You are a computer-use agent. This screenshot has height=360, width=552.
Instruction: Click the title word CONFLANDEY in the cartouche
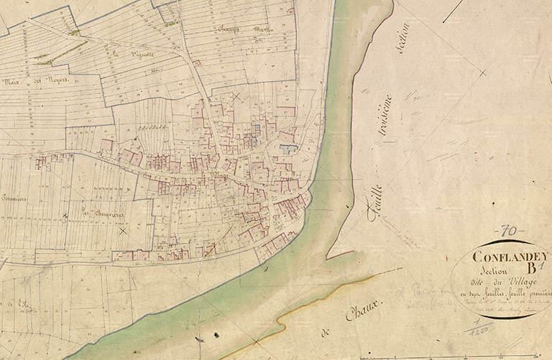(510, 255)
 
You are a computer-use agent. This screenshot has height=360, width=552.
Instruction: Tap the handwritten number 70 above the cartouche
(509, 231)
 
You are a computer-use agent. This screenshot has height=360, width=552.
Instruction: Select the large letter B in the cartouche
(533, 269)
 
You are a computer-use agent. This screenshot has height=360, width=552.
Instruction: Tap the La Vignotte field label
(124, 52)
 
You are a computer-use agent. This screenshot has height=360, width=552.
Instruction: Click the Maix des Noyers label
(35, 80)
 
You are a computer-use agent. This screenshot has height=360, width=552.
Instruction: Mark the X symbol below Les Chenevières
(123, 231)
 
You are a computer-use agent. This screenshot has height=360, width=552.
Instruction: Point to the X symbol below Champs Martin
(236, 96)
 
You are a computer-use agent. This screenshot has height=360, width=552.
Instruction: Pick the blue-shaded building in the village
(287, 149)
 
